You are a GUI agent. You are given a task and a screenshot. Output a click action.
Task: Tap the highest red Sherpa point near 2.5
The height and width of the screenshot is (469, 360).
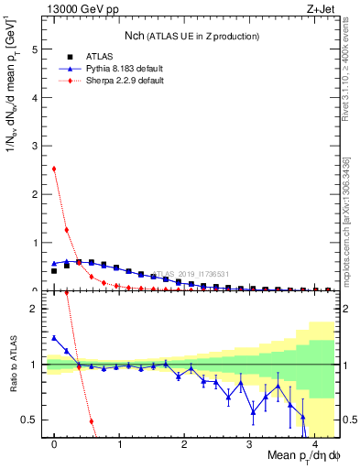[x=54, y=169]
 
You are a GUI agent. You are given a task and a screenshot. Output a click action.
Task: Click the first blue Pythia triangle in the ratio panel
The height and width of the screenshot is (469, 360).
[x=54, y=338]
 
